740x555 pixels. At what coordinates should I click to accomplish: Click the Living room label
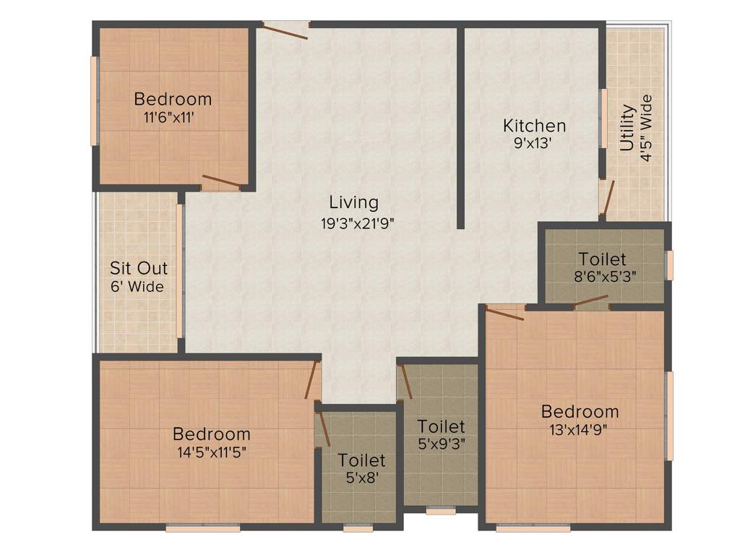click(353, 202)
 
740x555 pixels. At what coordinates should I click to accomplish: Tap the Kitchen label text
click(534, 126)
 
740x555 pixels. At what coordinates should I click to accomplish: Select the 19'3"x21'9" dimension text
click(358, 223)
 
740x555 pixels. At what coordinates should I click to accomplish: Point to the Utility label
click(627, 128)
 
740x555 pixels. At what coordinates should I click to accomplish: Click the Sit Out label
click(139, 268)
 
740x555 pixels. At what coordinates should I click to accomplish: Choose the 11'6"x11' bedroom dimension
click(173, 116)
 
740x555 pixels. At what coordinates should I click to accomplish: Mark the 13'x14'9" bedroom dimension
click(580, 431)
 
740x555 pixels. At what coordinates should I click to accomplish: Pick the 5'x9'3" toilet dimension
click(441, 444)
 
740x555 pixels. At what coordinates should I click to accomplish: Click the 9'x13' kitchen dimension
click(533, 143)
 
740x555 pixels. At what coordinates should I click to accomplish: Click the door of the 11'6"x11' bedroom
click(221, 181)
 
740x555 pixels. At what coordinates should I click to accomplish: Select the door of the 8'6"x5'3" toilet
click(591, 301)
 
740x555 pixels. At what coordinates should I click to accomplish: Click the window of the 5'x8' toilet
click(358, 528)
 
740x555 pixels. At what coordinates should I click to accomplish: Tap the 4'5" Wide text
click(646, 128)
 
